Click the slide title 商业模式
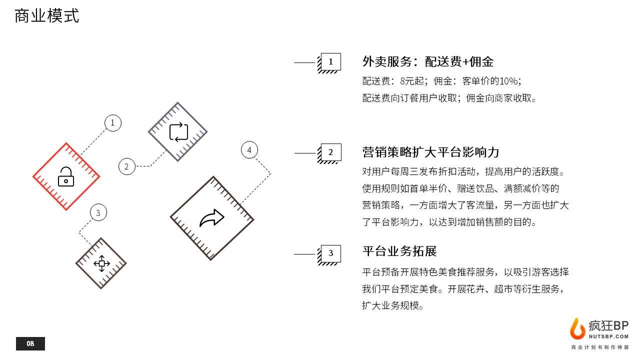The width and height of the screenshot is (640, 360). (x=46, y=16)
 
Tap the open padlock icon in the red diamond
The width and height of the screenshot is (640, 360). (x=66, y=176)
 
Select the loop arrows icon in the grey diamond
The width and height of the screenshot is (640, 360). (x=178, y=132)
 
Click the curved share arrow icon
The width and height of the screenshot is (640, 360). (x=211, y=218)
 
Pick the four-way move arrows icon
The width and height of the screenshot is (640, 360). (x=101, y=263)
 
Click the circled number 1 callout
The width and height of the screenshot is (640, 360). (x=112, y=123)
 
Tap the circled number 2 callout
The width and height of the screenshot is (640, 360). (x=126, y=166)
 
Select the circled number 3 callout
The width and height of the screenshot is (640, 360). (x=98, y=213)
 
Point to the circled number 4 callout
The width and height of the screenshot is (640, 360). (x=249, y=149)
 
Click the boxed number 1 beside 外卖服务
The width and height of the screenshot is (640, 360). (x=330, y=62)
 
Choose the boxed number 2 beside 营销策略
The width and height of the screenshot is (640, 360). (x=330, y=152)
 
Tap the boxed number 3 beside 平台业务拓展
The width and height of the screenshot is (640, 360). (x=330, y=253)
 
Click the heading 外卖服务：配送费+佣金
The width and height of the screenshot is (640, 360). (x=427, y=62)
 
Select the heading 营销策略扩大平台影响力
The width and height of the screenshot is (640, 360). (x=430, y=152)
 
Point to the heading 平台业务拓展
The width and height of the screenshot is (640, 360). (x=399, y=251)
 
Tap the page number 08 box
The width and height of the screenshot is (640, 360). (x=30, y=343)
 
